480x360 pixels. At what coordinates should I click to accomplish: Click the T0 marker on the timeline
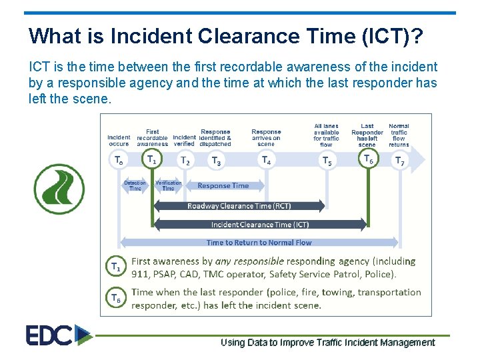pos(119,160)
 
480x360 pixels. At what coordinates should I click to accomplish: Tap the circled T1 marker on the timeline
pos(152,159)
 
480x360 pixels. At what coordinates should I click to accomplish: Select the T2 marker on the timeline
pos(185,160)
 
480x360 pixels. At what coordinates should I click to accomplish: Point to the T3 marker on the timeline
pos(216,160)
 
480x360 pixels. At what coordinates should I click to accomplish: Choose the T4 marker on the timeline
pos(266,160)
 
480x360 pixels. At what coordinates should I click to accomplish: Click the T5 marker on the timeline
pos(327,160)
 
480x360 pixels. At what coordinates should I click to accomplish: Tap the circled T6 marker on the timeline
pos(367,159)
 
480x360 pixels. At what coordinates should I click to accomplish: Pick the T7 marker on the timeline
pos(399,160)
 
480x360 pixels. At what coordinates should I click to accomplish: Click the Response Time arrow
pos(223,186)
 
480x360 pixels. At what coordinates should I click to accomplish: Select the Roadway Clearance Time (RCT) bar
pos(239,206)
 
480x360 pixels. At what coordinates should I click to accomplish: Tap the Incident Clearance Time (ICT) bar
pos(260,225)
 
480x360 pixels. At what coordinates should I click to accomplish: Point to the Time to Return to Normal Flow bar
pos(259,243)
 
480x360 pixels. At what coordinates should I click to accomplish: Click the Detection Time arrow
pos(135,186)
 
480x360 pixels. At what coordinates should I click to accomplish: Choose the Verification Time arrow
pos(168,186)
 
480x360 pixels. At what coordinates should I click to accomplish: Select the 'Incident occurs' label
pos(119,140)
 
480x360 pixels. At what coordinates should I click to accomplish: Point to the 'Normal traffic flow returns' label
pos(399,135)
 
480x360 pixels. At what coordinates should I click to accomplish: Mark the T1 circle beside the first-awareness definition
pos(116,267)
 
